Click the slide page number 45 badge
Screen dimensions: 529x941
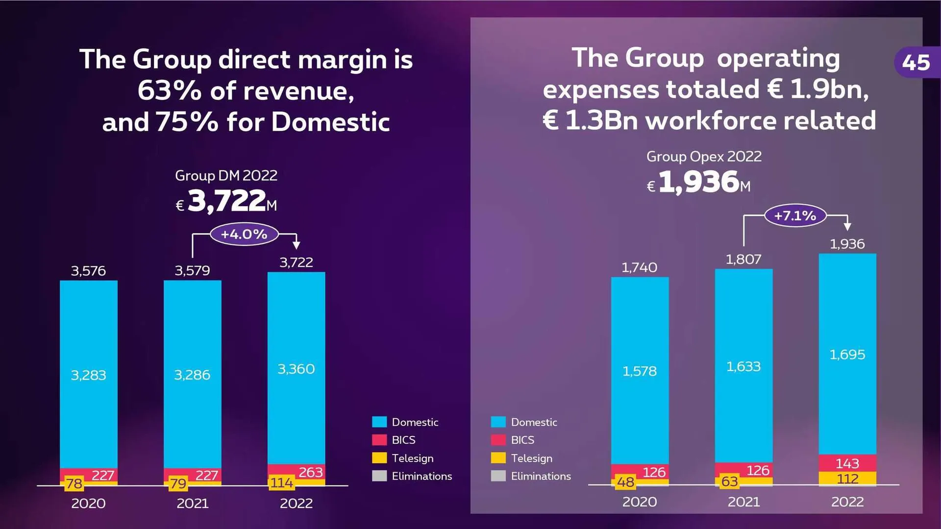[916, 63]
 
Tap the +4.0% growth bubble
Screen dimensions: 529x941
[244, 234]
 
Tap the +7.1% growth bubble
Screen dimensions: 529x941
[795, 216]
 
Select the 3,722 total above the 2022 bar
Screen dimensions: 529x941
[296, 263]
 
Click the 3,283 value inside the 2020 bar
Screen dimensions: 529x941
[88, 375]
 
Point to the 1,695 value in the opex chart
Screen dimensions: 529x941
[847, 355]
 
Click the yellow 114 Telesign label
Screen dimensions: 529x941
[281, 483]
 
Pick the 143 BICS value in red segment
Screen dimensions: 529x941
[847, 463]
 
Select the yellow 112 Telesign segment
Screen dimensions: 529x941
[847, 479]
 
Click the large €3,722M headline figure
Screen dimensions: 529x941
[226, 201]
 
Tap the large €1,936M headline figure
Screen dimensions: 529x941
[699, 182]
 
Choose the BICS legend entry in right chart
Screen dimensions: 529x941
[522, 440]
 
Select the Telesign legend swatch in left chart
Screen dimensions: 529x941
[379, 458]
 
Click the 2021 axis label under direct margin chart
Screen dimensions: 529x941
[192, 504]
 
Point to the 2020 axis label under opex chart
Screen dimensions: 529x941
[639, 502]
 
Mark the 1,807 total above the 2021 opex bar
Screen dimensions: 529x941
[743, 260]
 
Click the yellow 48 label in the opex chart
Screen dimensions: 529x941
[625, 482]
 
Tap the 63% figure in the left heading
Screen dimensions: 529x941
[169, 91]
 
